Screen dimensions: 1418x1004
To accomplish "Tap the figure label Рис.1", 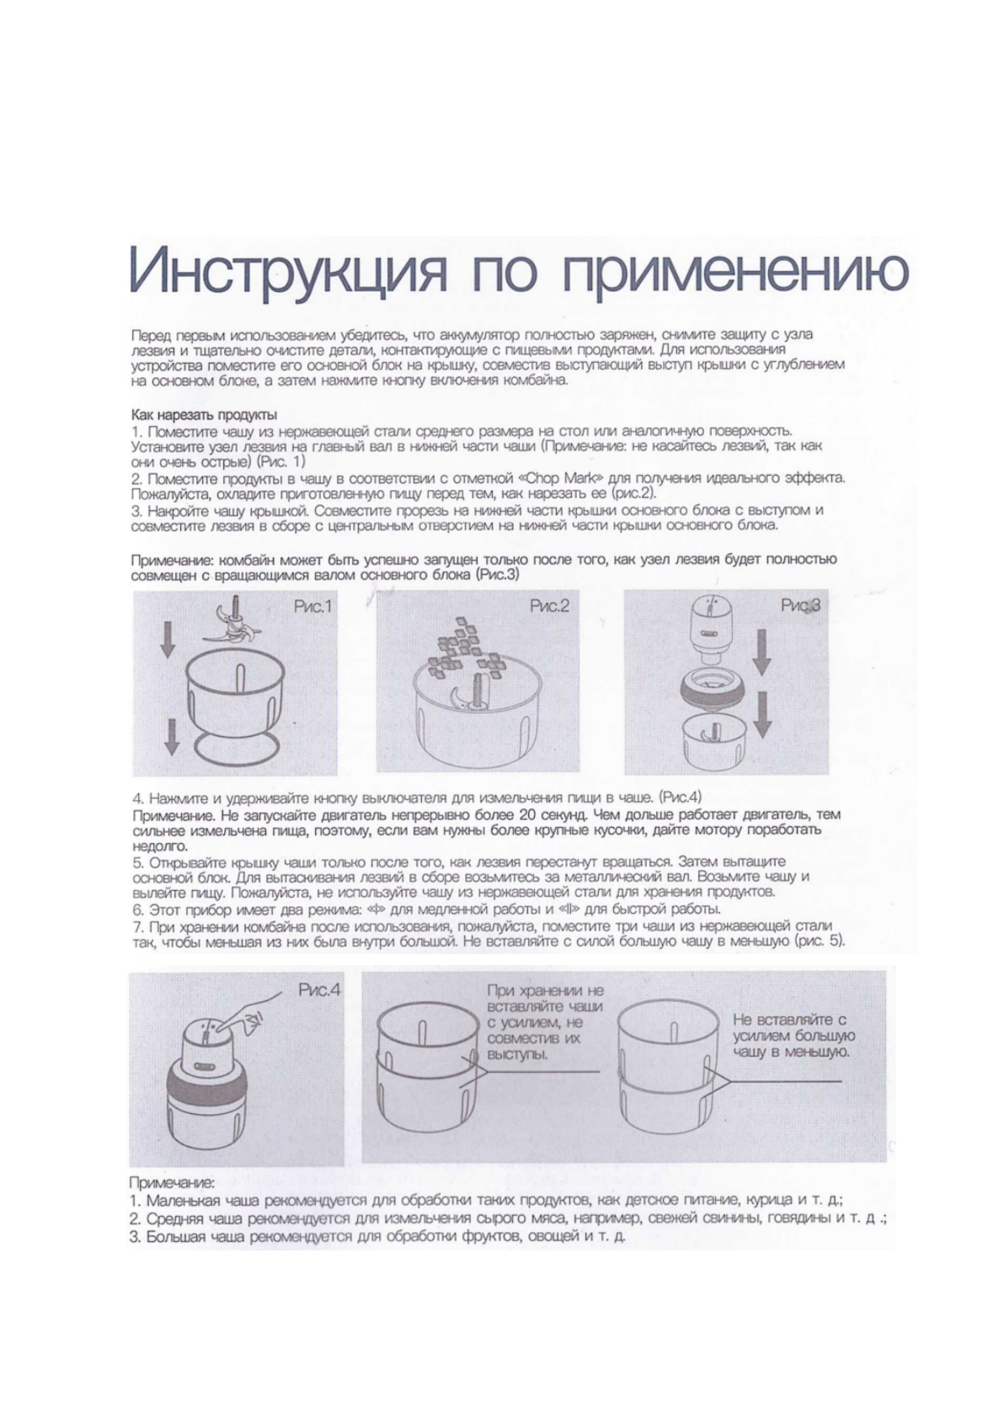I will click(x=313, y=606).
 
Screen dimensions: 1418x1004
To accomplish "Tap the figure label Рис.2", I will click(x=550, y=606).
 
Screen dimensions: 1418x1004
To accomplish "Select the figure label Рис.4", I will click(x=319, y=991).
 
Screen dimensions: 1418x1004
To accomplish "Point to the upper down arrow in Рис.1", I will click(x=168, y=643).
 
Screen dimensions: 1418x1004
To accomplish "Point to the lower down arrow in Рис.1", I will click(x=171, y=736).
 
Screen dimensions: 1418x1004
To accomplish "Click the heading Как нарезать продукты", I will click(x=205, y=415).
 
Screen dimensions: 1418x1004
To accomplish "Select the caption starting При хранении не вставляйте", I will click(x=545, y=1022).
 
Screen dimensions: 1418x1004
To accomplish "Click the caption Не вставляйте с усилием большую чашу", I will click(x=793, y=1036).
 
